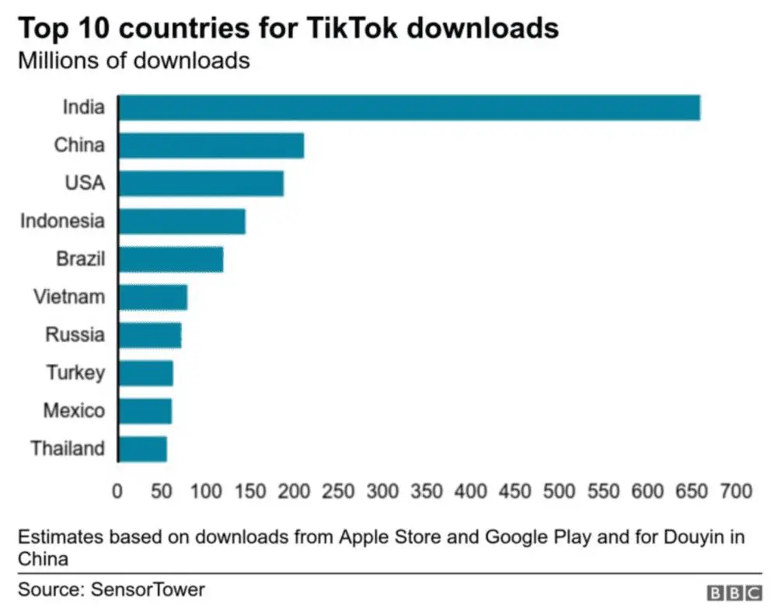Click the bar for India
[409, 108]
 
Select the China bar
[211, 145]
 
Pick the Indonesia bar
[182, 221]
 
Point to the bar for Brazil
[171, 259]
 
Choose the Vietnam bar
[153, 297]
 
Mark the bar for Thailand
[143, 449]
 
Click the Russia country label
[75, 336]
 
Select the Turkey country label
[75, 373]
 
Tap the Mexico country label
[73, 411]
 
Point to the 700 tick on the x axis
[736, 492]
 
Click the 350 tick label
[427, 492]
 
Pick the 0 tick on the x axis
[118, 492]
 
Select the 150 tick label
[250, 492]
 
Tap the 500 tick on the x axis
[559, 492]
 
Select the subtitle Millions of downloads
[134, 61]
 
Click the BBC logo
[734, 593]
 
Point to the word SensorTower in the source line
[148, 589]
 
